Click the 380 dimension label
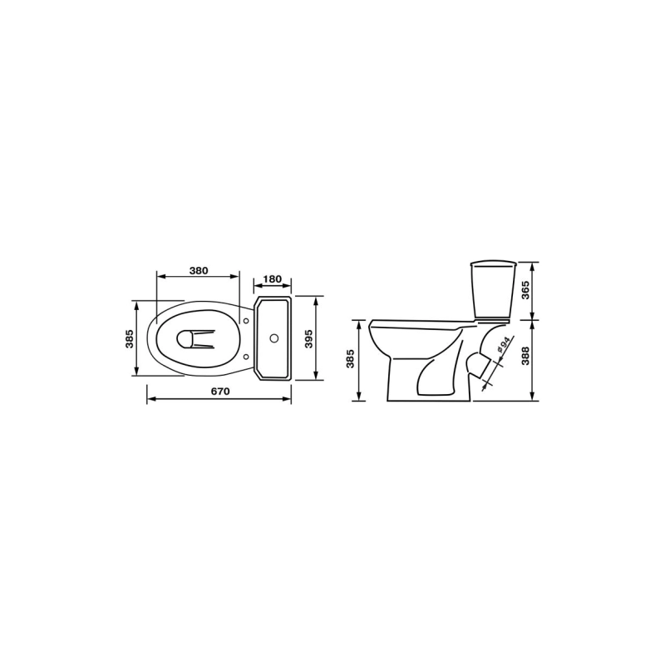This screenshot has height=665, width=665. [x=199, y=271]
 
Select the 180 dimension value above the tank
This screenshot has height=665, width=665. [x=273, y=279]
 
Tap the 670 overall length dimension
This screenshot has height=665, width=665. [x=220, y=392]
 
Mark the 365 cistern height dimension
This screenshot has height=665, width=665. [x=525, y=290]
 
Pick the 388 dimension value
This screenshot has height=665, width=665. [x=525, y=357]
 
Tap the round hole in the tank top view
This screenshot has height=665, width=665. [x=274, y=338]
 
